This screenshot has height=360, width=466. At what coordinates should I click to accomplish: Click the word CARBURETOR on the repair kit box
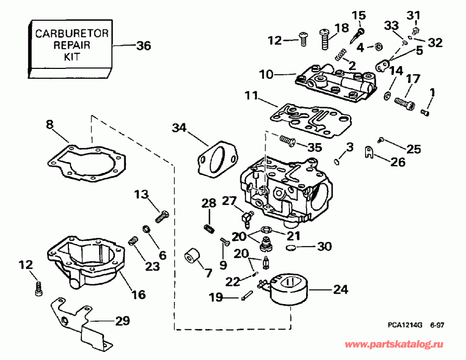pyautogui.click(x=72, y=34)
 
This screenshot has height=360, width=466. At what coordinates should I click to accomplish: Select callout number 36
pyautogui.click(x=143, y=46)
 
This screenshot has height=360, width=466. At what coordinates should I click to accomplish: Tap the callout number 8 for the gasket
pyautogui.click(x=49, y=124)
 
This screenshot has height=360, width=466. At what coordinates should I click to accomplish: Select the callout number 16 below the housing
pyautogui.click(x=138, y=295)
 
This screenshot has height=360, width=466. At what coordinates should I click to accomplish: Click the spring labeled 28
pyautogui.click(x=209, y=226)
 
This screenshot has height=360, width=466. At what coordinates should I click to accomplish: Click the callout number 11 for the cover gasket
pyautogui.click(x=251, y=96)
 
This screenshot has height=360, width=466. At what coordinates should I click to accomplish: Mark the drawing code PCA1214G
pyautogui.click(x=405, y=326)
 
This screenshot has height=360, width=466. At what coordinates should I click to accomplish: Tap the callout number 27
pyautogui.click(x=229, y=201)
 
